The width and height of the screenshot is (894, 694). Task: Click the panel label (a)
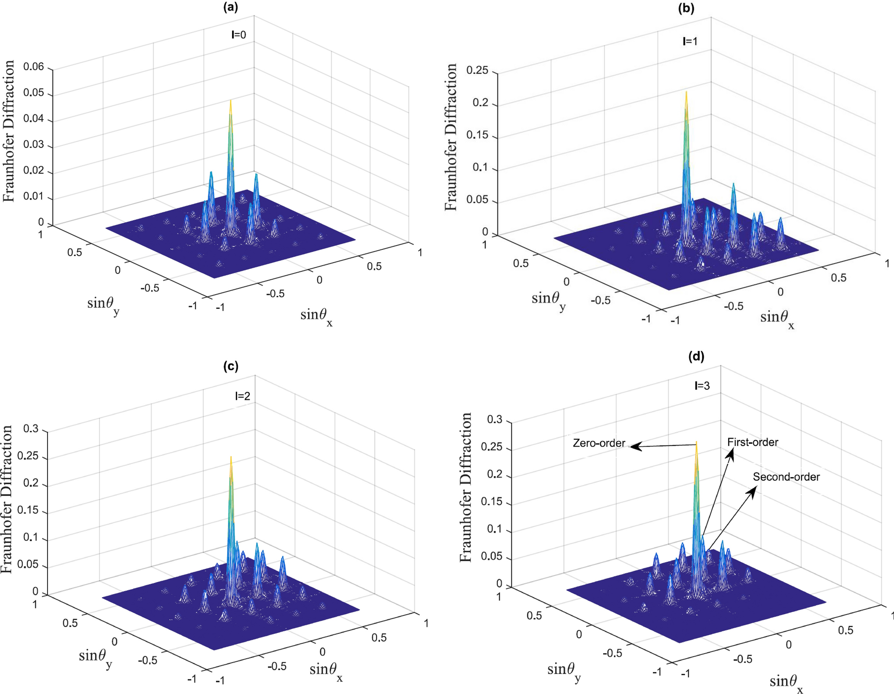(230, 7)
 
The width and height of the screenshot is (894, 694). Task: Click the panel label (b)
(686, 8)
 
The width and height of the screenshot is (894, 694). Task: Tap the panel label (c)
(230, 366)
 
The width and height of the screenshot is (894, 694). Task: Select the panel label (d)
(696, 356)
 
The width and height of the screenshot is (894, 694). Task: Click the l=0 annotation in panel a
(238, 35)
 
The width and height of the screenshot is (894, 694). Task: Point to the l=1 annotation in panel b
(690, 41)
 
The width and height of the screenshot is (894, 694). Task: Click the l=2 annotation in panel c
(242, 396)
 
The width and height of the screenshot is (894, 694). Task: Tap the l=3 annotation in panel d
(702, 386)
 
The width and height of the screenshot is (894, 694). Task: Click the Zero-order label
(599, 443)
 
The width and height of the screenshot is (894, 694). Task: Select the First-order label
(752, 442)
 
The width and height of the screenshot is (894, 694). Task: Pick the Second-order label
(786, 477)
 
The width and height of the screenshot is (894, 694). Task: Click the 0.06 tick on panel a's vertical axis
(34, 67)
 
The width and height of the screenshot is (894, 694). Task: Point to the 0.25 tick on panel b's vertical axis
(477, 70)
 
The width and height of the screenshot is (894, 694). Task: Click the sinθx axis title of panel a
(316, 316)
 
